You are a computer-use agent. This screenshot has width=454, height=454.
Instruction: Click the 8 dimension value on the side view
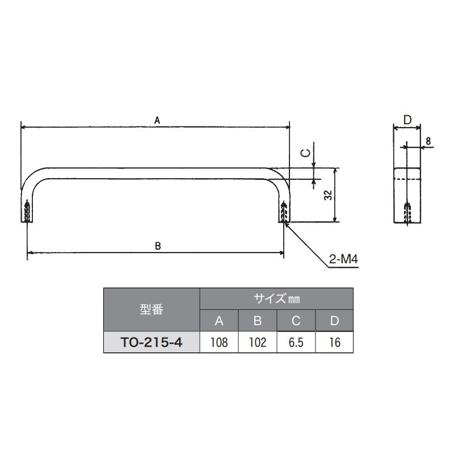click(427, 140)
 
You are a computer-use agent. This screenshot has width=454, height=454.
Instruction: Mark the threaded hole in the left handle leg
click(28, 212)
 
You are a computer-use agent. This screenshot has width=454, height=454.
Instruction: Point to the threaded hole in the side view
click(407, 213)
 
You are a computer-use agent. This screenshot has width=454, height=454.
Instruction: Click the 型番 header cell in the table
click(152, 310)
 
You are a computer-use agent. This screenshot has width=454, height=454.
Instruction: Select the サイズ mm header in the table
click(276, 298)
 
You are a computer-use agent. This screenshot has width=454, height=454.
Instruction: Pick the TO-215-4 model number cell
click(152, 343)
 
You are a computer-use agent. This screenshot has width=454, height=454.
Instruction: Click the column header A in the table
click(219, 321)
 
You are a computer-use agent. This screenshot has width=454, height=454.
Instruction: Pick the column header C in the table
click(296, 321)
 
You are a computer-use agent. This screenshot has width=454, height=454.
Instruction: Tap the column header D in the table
click(334, 321)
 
